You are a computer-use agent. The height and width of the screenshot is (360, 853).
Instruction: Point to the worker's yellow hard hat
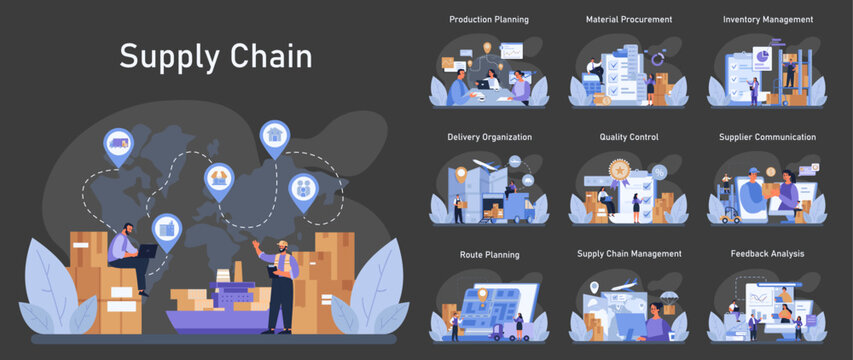pyautogui.click(x=283, y=244)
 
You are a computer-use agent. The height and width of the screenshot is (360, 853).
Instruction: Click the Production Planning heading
pyautogui.click(x=489, y=19)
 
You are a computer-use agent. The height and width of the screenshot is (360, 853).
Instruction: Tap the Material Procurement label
pyautogui.click(x=628, y=19)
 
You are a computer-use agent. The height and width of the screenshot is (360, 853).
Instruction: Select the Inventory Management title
pyautogui.click(x=767, y=19)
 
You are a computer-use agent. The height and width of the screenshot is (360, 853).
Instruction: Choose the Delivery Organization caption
pyautogui.click(x=489, y=137)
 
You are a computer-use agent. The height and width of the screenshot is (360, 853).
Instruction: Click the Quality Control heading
pyautogui.click(x=628, y=137)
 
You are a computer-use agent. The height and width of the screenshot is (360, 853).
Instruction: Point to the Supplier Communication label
pyautogui.click(x=767, y=137)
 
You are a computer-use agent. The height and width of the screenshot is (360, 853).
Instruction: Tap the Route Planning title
pyautogui.click(x=489, y=255)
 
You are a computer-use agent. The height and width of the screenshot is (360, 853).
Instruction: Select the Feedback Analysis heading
pyautogui.click(x=767, y=254)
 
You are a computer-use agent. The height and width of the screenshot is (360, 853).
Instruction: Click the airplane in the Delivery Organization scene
pyautogui.click(x=488, y=165)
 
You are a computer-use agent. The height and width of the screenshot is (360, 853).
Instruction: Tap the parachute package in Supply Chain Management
pyautogui.click(x=667, y=298)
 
